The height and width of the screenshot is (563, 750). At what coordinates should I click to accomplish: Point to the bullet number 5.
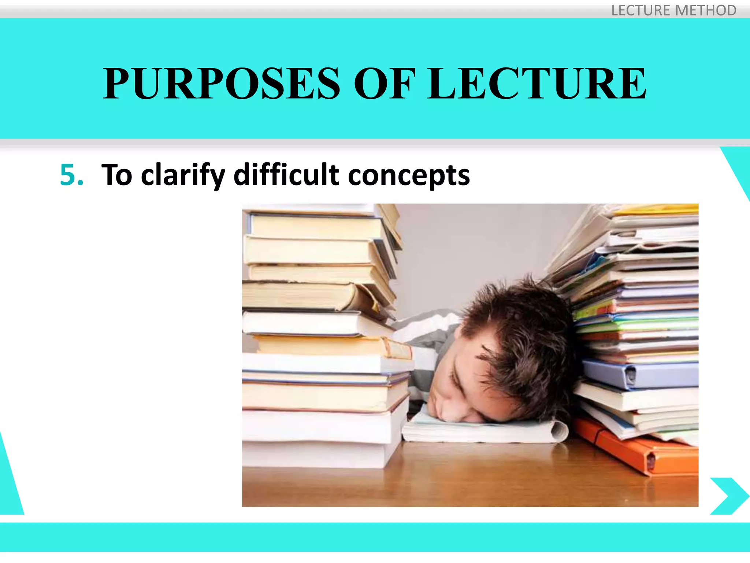pyautogui.click(x=71, y=175)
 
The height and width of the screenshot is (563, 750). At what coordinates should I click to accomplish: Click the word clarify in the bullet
pyautogui.click(x=183, y=175)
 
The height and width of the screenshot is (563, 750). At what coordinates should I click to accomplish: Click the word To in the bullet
pyautogui.click(x=116, y=175)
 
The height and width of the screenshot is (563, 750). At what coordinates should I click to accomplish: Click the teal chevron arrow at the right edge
pyautogui.click(x=729, y=496)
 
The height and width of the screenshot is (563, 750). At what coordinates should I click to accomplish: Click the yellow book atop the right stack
pyautogui.click(x=659, y=210)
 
